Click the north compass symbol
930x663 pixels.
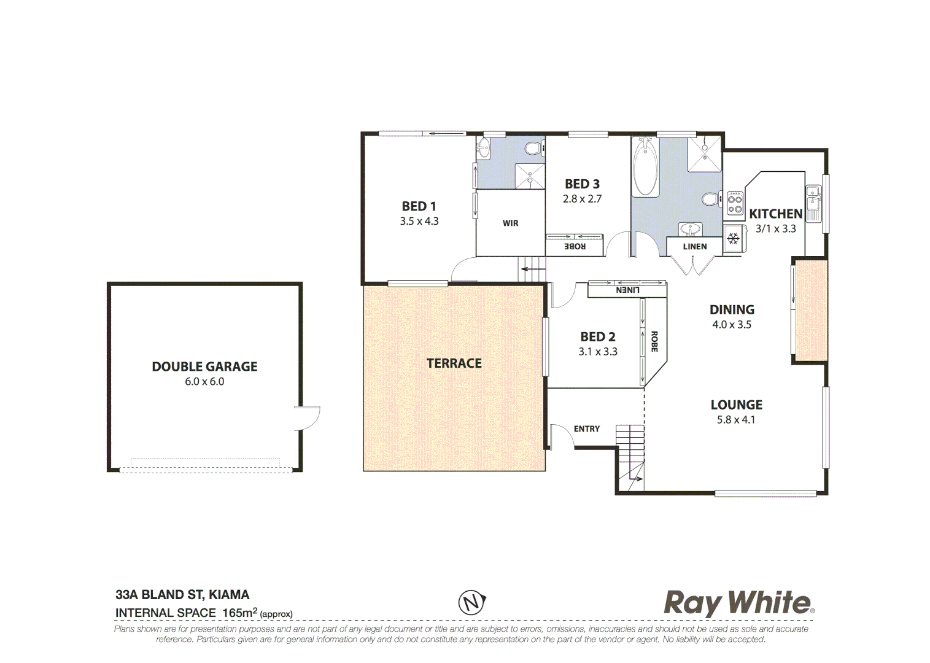pyautogui.click(x=471, y=602)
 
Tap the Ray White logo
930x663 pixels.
pyautogui.click(x=738, y=603)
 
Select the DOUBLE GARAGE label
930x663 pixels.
pyautogui.click(x=204, y=366)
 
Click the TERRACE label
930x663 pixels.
pyautogui.click(x=454, y=363)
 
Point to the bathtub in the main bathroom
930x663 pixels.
pyautogui.click(x=645, y=167)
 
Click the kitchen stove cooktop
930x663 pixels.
pyautogui.click(x=735, y=204)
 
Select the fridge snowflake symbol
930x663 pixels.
pyautogui.click(x=733, y=238)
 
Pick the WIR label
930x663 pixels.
pyautogui.click(x=510, y=223)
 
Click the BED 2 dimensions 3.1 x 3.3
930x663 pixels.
pyautogui.click(x=597, y=352)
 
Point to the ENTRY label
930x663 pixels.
pyautogui.click(x=586, y=429)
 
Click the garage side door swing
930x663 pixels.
pyautogui.click(x=309, y=417)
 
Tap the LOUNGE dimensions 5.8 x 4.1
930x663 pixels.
pyautogui.click(x=735, y=420)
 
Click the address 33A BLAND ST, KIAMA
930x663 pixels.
pyautogui.click(x=182, y=594)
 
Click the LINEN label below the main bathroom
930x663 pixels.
pyautogui.click(x=694, y=247)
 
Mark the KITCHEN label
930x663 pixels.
pyautogui.click(x=775, y=214)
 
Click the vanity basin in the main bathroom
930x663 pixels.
pyautogui.click(x=691, y=230)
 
